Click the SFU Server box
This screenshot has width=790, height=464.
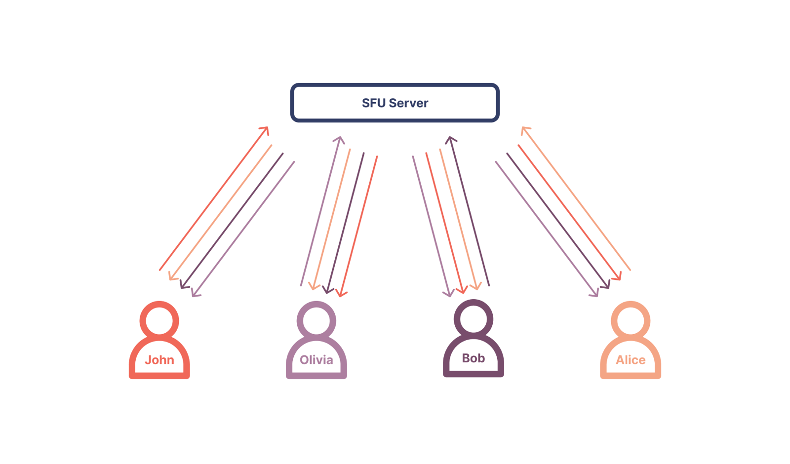pyautogui.click(x=395, y=103)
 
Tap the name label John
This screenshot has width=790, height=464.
pyautogui.click(x=159, y=360)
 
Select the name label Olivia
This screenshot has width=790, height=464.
pyautogui.click(x=316, y=360)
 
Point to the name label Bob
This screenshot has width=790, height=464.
pyautogui.click(x=473, y=358)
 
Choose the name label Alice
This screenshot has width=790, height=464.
pyautogui.click(x=631, y=360)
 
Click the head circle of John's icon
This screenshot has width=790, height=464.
pyautogui.click(x=159, y=321)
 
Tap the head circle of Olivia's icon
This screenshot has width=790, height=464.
pyautogui.click(x=316, y=321)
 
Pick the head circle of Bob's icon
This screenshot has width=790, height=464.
pyautogui.click(x=473, y=319)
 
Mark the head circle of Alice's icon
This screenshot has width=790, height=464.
pyautogui.click(x=631, y=321)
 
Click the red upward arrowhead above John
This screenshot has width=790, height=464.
pyautogui.click(x=266, y=129)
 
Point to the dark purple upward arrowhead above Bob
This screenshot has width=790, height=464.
pyautogui.click(x=450, y=139)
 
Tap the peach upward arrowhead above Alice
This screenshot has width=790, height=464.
pyautogui.click(x=524, y=129)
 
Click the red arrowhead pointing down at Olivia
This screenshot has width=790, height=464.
pyautogui.click(x=341, y=294)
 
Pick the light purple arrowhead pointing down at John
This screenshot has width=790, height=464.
pyautogui.click(x=195, y=294)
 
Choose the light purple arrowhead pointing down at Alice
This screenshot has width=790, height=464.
pyautogui.click(x=595, y=294)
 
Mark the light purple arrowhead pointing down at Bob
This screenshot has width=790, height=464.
pyautogui.click(x=449, y=294)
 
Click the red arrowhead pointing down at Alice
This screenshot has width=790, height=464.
pyautogui.click(x=618, y=277)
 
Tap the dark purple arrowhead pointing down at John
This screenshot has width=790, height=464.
pyautogui.click(x=183, y=285)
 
